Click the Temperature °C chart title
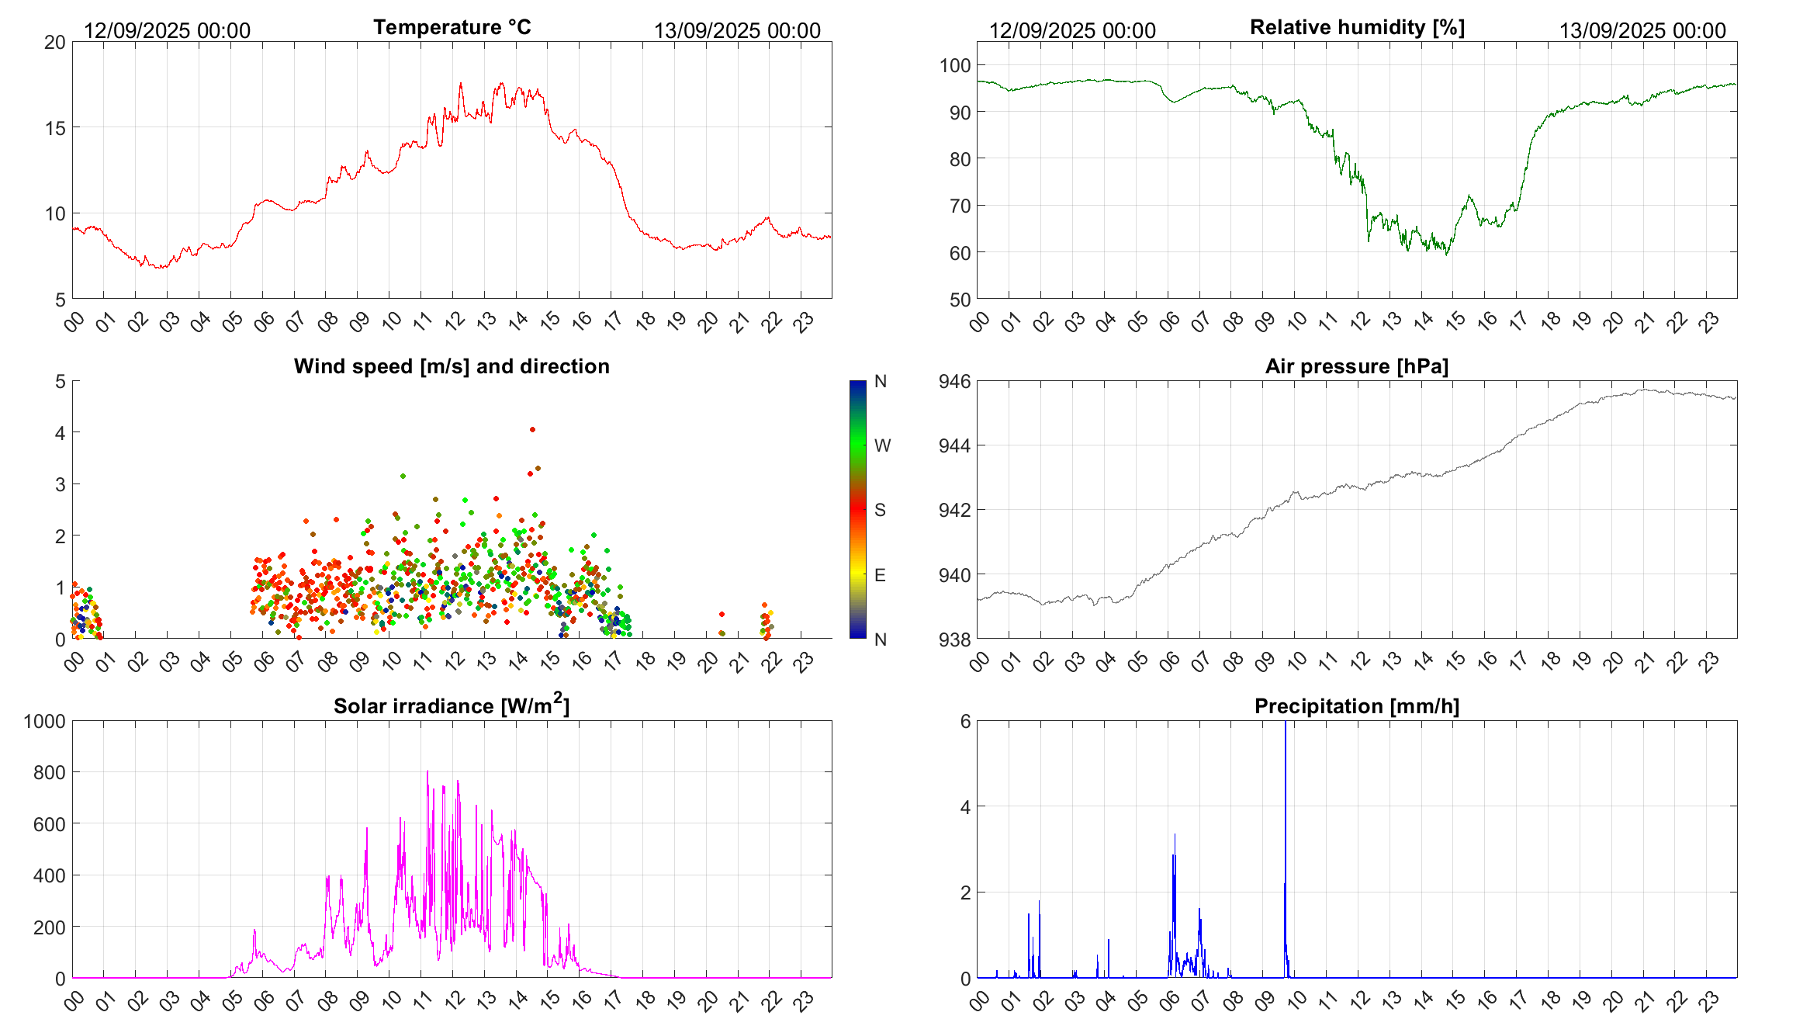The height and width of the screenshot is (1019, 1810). click(452, 27)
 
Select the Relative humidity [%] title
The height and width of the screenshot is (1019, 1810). click(1357, 27)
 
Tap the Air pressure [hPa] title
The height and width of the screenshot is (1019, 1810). click(1357, 366)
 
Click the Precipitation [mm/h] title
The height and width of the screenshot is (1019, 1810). click(1357, 706)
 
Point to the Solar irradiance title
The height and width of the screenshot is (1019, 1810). click(452, 705)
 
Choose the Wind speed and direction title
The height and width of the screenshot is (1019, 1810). click(452, 366)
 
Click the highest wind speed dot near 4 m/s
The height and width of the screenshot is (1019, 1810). click(532, 429)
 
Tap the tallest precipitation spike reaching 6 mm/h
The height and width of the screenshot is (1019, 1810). click(1286, 726)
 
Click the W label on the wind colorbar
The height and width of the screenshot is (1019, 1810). click(882, 445)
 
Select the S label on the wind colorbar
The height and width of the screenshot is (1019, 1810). click(880, 510)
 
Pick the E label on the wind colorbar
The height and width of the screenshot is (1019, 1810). click(880, 575)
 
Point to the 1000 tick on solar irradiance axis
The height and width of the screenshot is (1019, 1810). click(45, 721)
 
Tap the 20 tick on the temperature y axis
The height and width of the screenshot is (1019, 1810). click(55, 42)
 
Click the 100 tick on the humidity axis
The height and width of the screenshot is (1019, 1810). click(955, 65)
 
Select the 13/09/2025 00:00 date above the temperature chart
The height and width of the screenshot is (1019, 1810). click(737, 30)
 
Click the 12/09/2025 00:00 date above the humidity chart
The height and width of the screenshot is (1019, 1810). click(1072, 30)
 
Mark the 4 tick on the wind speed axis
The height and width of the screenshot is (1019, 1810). click(61, 432)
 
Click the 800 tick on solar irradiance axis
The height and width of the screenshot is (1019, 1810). click(49, 772)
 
